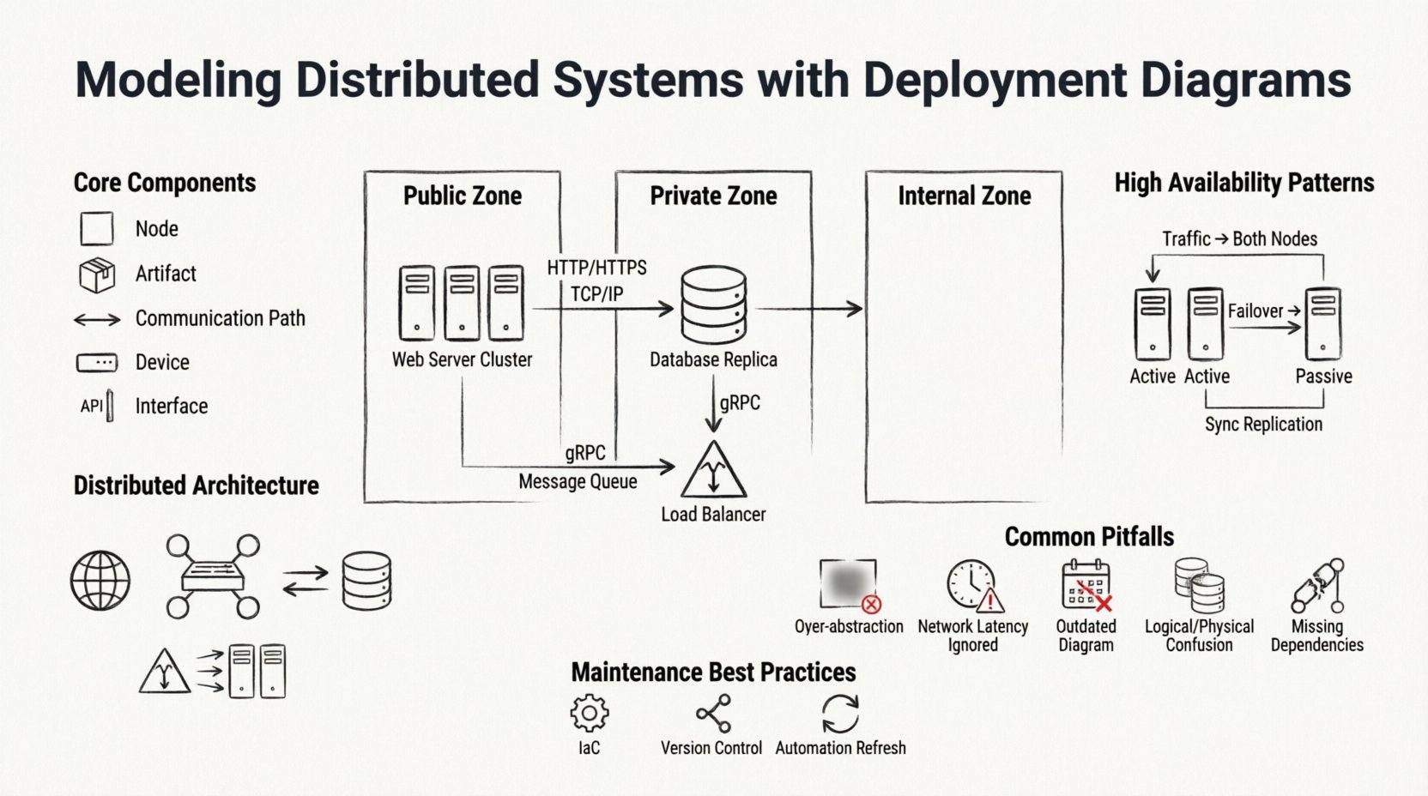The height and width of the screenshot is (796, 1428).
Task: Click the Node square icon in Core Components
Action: tap(97, 229)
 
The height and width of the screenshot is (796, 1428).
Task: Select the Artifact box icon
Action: tap(97, 274)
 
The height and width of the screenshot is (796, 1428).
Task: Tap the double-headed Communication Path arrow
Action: tap(97, 320)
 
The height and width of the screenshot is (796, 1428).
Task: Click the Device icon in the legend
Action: tap(97, 363)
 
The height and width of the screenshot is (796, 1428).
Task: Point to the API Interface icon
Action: tap(97, 406)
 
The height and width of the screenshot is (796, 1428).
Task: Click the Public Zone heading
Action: tap(463, 196)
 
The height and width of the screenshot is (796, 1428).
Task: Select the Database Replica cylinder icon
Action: tap(713, 305)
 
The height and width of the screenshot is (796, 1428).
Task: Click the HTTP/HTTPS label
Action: tap(597, 268)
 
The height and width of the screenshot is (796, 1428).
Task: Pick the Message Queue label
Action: tap(578, 482)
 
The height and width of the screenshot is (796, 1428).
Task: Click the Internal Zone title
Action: tap(964, 196)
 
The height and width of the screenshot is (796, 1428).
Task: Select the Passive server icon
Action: tap(1323, 324)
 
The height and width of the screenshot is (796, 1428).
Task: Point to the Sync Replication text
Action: tap(1263, 425)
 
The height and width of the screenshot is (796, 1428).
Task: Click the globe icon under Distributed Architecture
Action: tap(100, 581)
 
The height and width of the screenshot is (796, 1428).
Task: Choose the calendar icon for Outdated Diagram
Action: tap(1086, 586)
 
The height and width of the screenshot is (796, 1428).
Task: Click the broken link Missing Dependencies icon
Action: tap(1317, 586)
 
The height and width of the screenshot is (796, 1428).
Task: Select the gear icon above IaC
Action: tap(590, 713)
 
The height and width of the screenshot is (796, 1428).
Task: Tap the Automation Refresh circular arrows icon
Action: tap(840, 713)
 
